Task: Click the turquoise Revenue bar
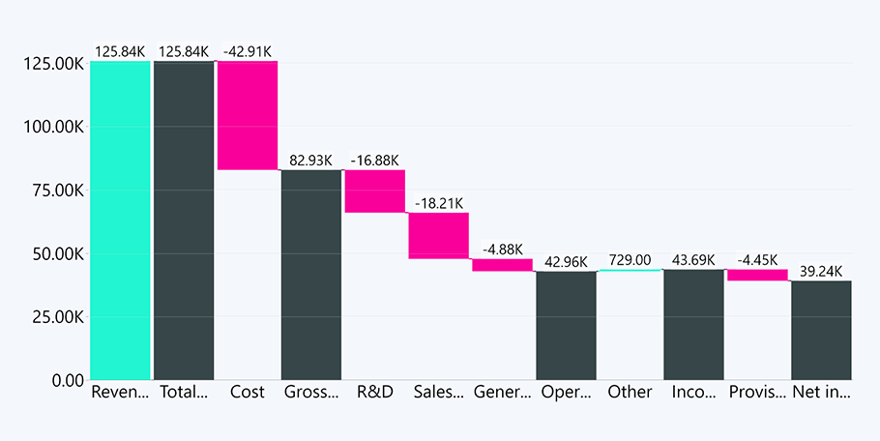point(121,220)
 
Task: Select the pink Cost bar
point(248,115)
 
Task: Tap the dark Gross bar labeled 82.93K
point(311,275)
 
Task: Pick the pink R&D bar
point(375,191)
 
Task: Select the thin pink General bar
point(502,265)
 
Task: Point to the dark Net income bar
point(821,330)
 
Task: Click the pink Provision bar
point(757,275)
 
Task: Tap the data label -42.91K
point(248,51)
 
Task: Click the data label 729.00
point(630,260)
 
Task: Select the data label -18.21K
point(439,203)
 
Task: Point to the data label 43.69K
point(693,260)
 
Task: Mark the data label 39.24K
point(821,272)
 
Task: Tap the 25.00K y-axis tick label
point(55,317)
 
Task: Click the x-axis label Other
point(630,393)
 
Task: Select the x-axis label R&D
point(375,393)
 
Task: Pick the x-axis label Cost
point(248,393)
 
